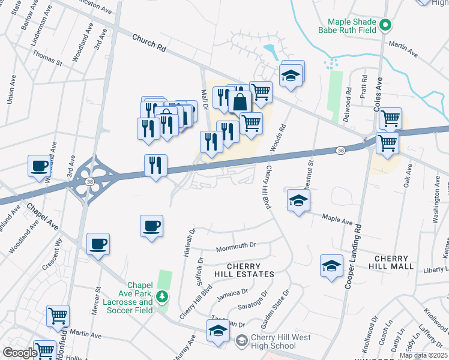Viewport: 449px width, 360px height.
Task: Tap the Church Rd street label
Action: (x=149, y=41)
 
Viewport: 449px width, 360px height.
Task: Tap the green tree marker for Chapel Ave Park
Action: (x=161, y=296)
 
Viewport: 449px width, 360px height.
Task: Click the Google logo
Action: (x=20, y=353)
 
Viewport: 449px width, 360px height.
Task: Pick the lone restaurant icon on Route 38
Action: (x=155, y=165)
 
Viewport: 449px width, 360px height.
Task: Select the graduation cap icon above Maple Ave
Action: (x=298, y=201)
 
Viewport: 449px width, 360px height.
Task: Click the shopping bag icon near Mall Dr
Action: (x=240, y=101)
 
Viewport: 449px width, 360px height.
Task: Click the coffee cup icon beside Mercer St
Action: (x=98, y=244)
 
